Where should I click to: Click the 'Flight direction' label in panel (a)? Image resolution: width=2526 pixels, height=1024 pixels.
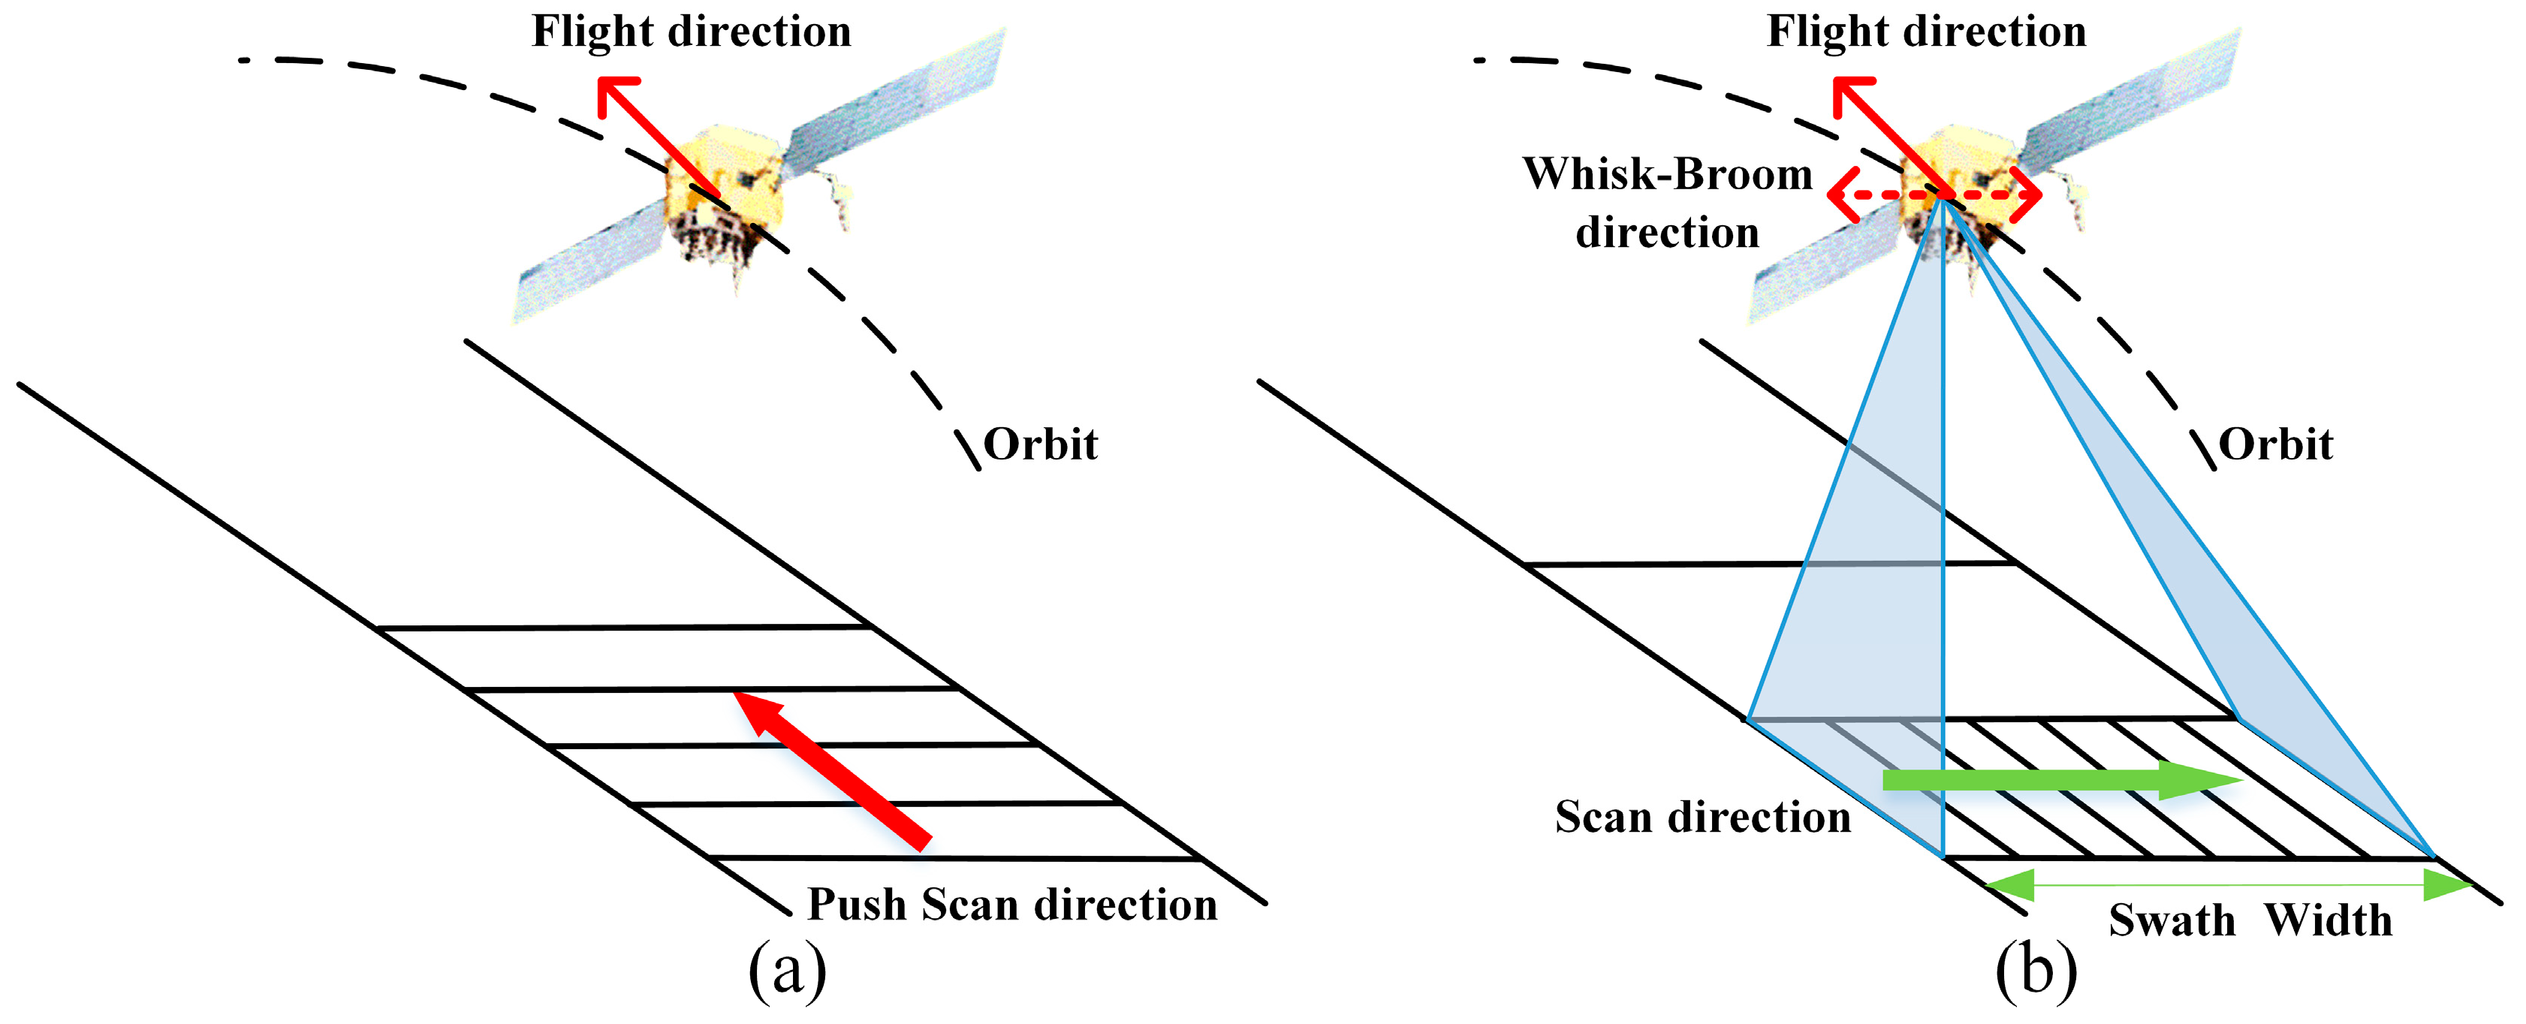(x=692, y=32)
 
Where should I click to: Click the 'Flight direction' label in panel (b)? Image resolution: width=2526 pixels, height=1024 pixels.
(x=1926, y=32)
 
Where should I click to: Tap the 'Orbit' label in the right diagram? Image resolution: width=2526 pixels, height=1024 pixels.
(x=2275, y=444)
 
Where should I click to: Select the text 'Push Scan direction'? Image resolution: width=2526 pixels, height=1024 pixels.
(x=1012, y=905)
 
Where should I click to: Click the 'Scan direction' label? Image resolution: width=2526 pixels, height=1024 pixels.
(x=1702, y=817)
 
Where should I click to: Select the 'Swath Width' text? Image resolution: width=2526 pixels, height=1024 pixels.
(x=2250, y=920)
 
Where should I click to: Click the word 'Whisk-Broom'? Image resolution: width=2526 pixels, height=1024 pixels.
(x=1667, y=175)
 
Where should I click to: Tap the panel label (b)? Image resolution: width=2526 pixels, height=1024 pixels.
(x=2036, y=971)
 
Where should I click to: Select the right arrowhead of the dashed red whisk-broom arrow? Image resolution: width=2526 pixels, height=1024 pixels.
(x=2030, y=194)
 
